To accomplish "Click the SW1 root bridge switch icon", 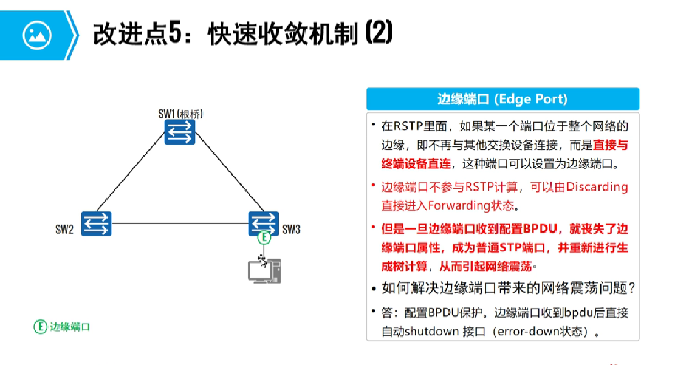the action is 180,132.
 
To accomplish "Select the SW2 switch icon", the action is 95,223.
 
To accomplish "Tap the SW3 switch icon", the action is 264,223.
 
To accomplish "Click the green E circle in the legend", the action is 40,327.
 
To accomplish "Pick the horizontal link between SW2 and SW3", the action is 179,223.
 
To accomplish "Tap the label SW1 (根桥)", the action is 180,114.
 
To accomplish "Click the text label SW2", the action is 64,230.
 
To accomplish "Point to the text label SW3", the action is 290,230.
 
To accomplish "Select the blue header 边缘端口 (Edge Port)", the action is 502,99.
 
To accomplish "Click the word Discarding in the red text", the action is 597,187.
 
